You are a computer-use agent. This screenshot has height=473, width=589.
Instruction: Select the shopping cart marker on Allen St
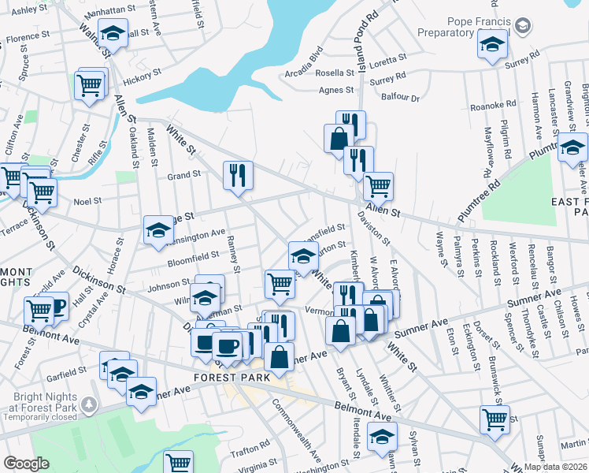pos(379,186)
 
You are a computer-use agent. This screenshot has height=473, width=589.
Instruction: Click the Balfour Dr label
pos(406,99)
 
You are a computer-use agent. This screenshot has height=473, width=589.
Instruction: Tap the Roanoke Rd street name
pos(493,105)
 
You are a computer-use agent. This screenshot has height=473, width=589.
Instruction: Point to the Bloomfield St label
pos(194,255)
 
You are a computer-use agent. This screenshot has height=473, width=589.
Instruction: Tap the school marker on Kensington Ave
pos(158,229)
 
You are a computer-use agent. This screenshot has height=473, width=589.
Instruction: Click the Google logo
pos(26,463)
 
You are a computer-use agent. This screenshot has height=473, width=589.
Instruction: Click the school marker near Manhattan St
pos(113,34)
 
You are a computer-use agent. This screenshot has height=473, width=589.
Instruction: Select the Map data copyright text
pos(555,467)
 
